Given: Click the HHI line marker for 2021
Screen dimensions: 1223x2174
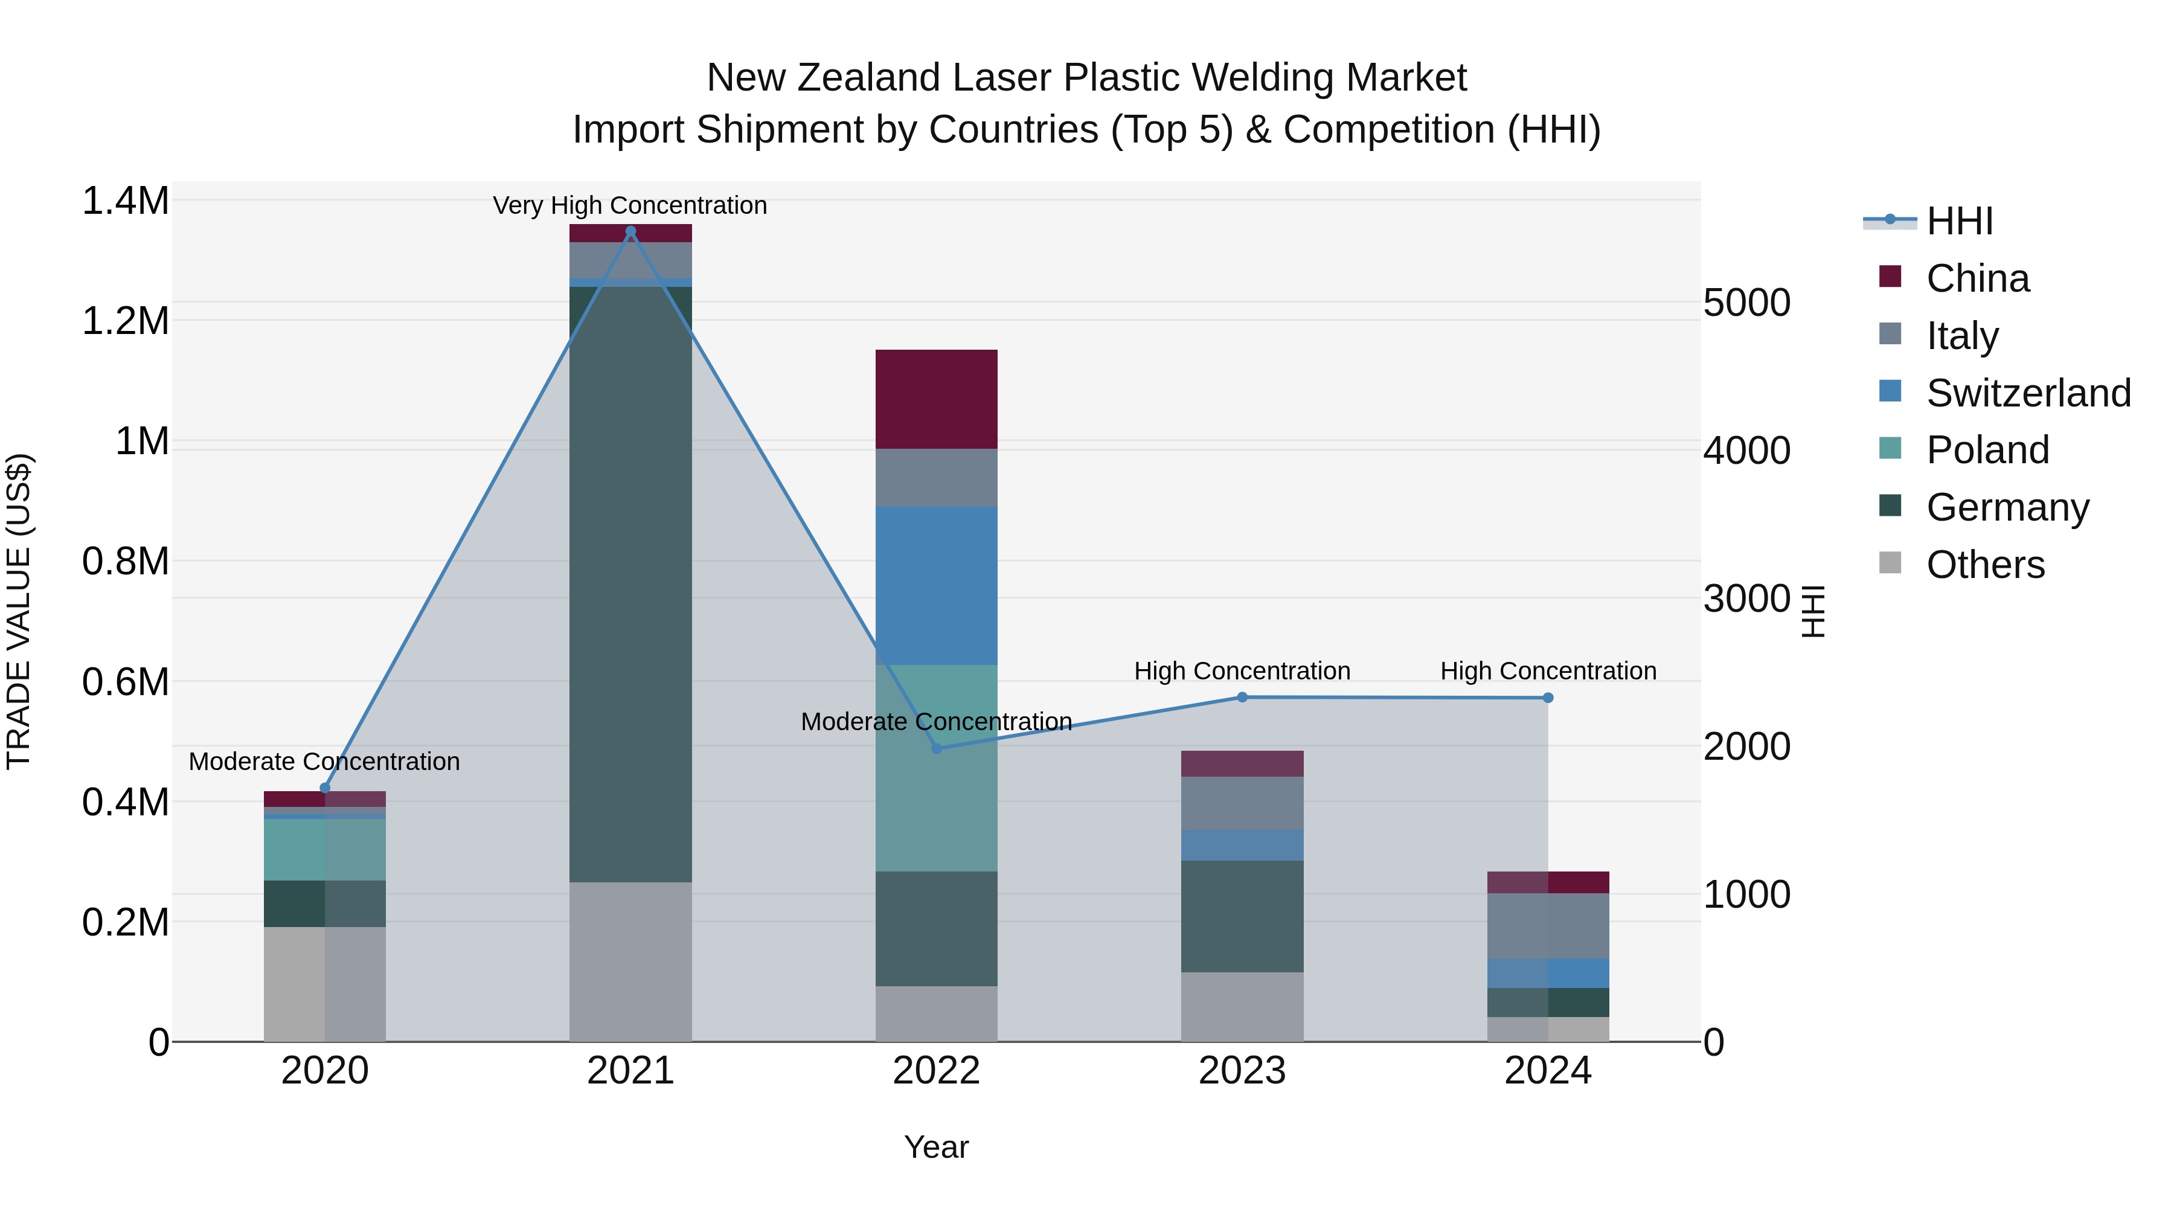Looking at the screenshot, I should coord(630,231).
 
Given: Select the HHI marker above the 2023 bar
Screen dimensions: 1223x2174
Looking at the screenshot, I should coord(1242,697).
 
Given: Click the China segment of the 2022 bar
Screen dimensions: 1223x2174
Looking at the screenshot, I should coord(936,399).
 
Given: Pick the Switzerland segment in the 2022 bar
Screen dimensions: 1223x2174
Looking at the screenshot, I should coord(936,586).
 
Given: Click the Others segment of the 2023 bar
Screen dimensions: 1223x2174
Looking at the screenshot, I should coord(1242,1007).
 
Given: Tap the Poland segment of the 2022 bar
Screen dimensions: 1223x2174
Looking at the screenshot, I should coord(936,768).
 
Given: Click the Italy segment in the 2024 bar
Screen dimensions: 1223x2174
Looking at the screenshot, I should coord(1548,926).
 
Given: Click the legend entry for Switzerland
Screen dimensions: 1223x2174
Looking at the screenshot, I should coord(2027,393).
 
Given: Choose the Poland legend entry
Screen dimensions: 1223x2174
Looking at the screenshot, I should coord(1987,450).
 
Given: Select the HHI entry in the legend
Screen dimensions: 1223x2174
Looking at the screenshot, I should coord(1959,221).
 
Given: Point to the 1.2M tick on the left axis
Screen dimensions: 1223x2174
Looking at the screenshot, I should coord(125,321).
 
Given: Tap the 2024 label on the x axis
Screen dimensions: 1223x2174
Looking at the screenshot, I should coord(1548,1071).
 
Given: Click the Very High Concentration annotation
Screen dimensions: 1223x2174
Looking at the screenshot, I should coord(630,205).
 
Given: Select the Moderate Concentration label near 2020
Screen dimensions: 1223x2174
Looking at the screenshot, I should coord(324,762).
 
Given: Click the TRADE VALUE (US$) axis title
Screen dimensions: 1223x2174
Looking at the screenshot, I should coord(19,611).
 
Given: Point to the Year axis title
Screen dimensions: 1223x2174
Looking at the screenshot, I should coord(936,1147).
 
